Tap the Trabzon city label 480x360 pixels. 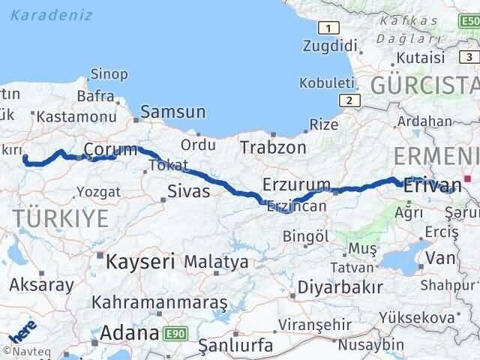tap(274, 146)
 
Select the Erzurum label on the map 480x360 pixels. tap(297, 184)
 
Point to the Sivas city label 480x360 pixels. tap(188, 191)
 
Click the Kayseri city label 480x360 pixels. tap(140, 262)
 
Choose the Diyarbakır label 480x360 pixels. tap(340, 287)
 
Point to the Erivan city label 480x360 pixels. tap(432, 184)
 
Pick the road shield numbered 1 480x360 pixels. tap(327, 28)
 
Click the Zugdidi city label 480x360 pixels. tap(326, 46)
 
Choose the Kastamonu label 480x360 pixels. tap(76, 117)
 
